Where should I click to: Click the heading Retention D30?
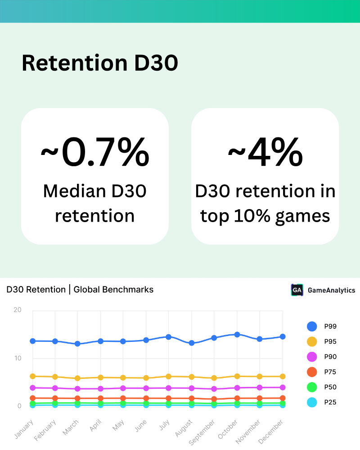[x=99, y=63]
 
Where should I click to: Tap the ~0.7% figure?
[x=94, y=153]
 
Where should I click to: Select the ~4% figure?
[x=265, y=153]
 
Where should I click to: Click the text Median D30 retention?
[x=94, y=204]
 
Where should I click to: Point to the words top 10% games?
[x=265, y=216]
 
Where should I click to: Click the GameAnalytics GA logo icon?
[x=297, y=290]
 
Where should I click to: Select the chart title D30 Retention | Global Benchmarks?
[x=80, y=289]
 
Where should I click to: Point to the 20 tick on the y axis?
[x=18, y=310]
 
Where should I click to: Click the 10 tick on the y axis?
[x=18, y=359]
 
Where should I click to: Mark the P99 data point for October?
[x=237, y=335]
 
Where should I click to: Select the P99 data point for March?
[x=77, y=344]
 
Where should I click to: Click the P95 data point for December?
[x=283, y=376]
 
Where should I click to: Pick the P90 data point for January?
[x=32, y=387]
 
